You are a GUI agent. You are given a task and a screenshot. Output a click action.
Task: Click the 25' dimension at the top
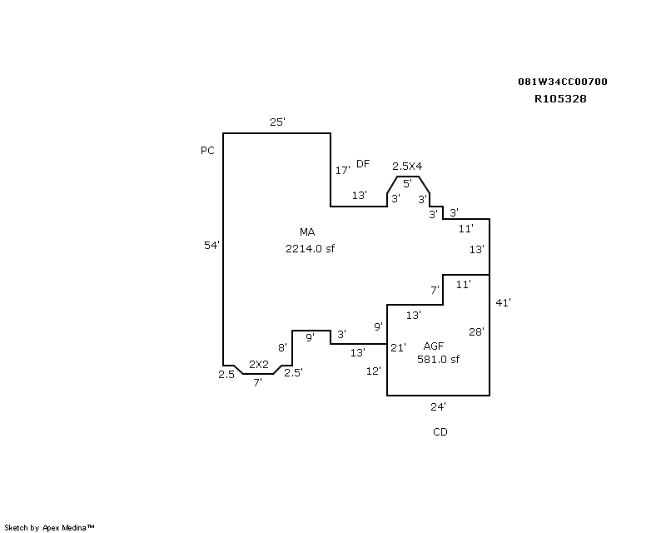(x=277, y=122)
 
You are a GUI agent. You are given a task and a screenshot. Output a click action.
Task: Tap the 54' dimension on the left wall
(x=211, y=245)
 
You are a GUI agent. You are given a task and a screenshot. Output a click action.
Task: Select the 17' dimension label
(x=342, y=170)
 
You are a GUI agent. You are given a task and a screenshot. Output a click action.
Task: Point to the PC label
(x=207, y=151)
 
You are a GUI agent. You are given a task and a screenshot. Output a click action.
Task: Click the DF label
(x=362, y=163)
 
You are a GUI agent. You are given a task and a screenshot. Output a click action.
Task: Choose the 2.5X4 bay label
(x=407, y=167)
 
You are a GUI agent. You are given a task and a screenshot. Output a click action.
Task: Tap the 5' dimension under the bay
(x=407, y=182)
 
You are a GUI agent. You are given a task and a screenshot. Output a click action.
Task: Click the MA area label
(x=306, y=232)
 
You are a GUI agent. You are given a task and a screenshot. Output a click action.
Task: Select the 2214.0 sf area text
(x=310, y=248)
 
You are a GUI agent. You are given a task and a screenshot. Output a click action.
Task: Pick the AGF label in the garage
(x=433, y=346)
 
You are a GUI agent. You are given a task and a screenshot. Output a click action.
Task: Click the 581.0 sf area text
(x=438, y=360)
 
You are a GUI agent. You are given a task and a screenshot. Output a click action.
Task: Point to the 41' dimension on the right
(x=502, y=303)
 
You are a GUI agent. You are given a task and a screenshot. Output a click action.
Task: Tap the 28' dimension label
(x=476, y=331)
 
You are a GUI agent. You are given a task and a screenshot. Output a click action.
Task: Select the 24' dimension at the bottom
(x=438, y=407)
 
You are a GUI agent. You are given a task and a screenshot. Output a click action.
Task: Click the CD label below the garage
(x=440, y=432)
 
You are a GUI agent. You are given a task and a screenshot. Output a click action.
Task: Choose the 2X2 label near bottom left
(x=259, y=364)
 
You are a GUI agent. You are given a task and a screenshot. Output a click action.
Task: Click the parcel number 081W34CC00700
(x=562, y=82)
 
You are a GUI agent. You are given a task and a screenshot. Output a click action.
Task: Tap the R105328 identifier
(x=562, y=97)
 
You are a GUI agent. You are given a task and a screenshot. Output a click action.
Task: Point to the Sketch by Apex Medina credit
(x=49, y=527)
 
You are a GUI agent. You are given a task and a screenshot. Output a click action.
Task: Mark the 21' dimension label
(x=398, y=347)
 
